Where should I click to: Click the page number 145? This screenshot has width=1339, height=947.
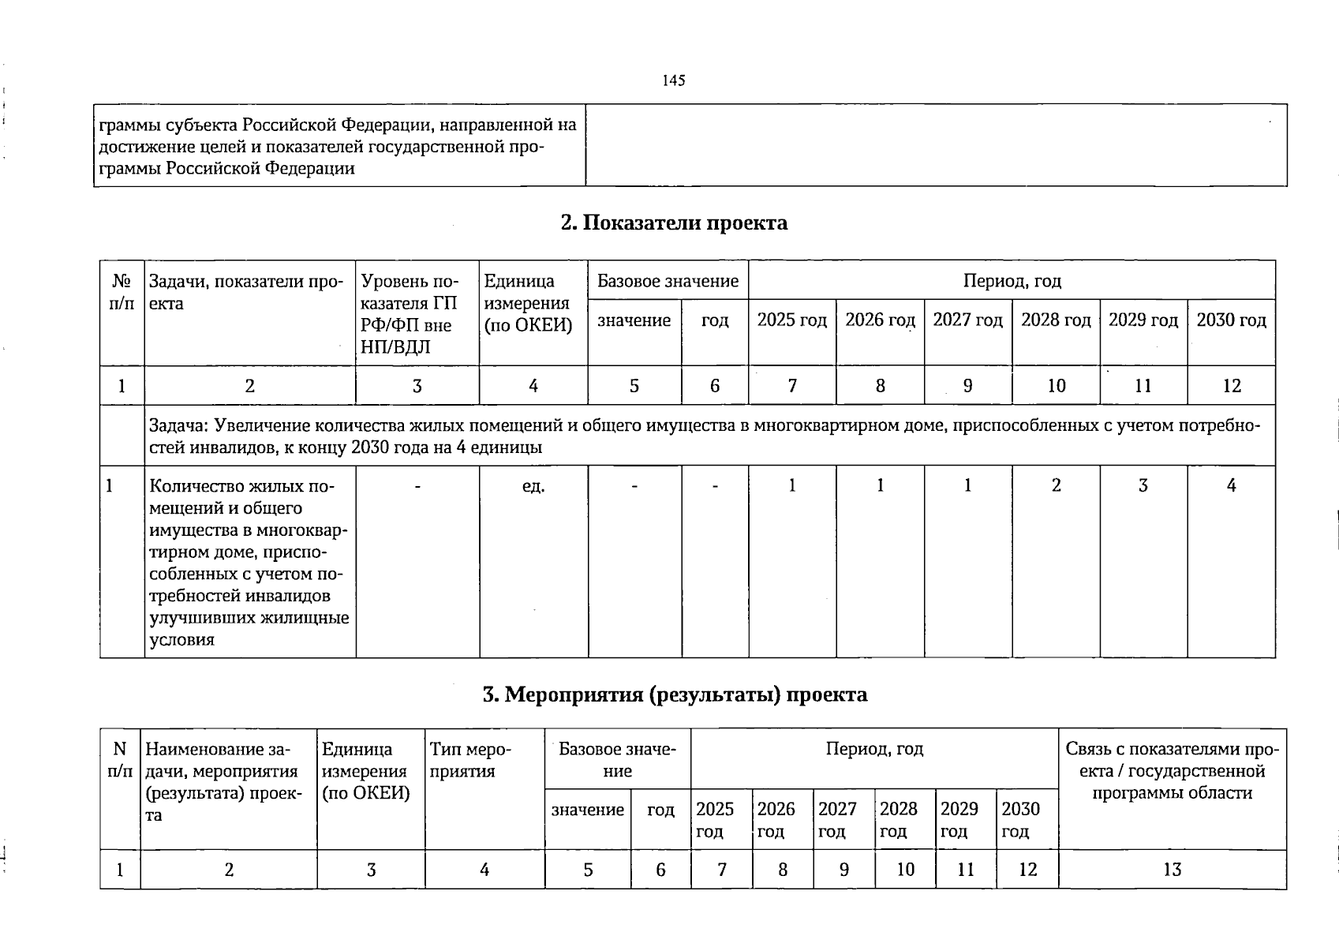click(x=674, y=80)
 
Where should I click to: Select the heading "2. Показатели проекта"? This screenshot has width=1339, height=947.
click(x=674, y=223)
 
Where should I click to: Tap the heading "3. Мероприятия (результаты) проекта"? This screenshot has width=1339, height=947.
click(x=675, y=694)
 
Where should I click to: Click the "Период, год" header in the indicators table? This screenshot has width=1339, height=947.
click(x=1012, y=281)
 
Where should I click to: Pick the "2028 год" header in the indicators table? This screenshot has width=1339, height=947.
click(x=1056, y=320)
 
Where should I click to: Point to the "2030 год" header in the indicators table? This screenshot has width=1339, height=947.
click(x=1231, y=320)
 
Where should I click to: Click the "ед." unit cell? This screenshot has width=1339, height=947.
click(x=533, y=486)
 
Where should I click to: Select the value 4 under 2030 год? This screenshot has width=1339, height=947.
click(x=1231, y=486)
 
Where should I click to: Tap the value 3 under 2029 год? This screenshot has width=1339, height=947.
click(x=1143, y=486)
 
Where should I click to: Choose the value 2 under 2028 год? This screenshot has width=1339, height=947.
click(x=1056, y=486)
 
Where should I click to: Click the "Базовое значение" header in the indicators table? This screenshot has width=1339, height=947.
click(x=668, y=281)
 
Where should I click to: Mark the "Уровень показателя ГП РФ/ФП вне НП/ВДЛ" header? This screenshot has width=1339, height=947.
click(x=409, y=313)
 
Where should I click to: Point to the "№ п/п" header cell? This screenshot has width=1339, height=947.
click(x=122, y=292)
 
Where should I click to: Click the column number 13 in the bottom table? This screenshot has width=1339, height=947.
click(x=1172, y=870)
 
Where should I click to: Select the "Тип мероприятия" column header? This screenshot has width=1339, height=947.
click(x=469, y=760)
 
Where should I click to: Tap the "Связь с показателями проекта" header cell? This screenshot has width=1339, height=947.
click(x=1172, y=770)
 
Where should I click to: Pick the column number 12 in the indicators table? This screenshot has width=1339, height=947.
click(x=1231, y=386)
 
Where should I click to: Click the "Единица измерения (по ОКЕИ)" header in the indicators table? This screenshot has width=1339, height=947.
click(x=528, y=303)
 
